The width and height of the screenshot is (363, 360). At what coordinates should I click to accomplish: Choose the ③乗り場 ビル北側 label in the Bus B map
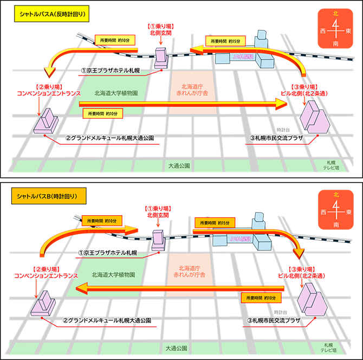pos(308,272)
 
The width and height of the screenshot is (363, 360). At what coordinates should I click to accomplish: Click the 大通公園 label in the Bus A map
pos(179,166)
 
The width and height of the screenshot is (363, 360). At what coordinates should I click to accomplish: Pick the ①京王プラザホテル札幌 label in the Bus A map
pos(108,71)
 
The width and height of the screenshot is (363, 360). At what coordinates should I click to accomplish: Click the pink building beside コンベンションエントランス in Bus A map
pos(48,121)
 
